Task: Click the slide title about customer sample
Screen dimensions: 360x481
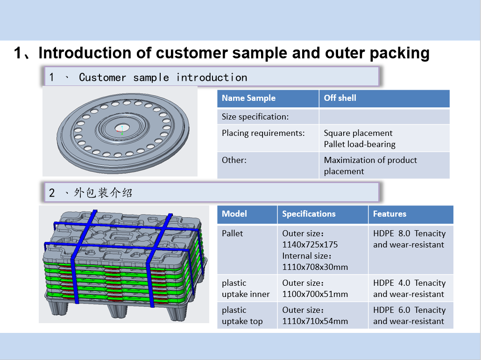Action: (x=222, y=53)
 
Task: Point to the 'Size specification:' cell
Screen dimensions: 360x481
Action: (x=255, y=117)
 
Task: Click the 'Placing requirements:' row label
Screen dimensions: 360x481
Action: (x=263, y=133)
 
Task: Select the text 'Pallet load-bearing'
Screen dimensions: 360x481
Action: (x=360, y=144)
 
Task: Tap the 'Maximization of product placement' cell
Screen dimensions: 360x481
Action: (x=370, y=165)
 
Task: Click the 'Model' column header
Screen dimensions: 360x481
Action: (x=234, y=214)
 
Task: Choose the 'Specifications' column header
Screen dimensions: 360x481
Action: (x=309, y=214)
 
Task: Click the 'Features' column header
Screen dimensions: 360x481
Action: (x=389, y=214)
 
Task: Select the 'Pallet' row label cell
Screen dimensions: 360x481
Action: (x=233, y=233)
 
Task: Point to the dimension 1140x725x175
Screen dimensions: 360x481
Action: (x=310, y=245)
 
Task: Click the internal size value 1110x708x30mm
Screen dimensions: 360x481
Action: (x=315, y=267)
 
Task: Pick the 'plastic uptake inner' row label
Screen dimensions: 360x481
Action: (x=246, y=289)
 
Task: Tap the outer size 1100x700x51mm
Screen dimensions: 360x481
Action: (x=315, y=294)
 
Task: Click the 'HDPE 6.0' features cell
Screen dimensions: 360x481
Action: (x=409, y=316)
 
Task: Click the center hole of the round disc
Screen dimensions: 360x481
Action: (x=122, y=127)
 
